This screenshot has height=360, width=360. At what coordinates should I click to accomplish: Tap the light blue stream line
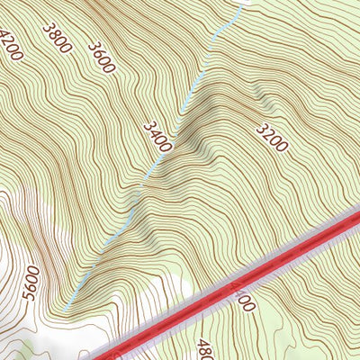tap(180, 108)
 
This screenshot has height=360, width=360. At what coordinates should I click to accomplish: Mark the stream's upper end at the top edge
tap(242, 2)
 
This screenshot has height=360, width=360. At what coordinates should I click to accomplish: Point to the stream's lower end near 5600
tap(65, 310)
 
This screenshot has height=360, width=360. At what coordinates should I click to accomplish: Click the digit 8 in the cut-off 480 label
tap(205, 342)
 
